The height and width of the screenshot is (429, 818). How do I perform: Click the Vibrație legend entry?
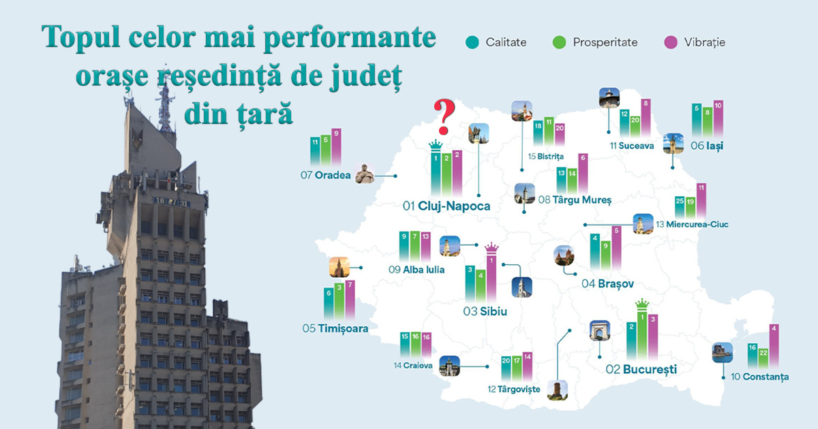[695, 42]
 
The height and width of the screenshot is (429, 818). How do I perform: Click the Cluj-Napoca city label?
[447, 206]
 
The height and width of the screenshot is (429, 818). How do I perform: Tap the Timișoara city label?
[335, 328]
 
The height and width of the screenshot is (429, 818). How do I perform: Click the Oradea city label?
[327, 176]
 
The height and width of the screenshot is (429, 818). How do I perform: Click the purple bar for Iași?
[718, 119]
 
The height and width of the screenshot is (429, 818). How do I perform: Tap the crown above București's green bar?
[641, 304]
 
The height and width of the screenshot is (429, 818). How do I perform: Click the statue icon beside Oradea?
[365, 175]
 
